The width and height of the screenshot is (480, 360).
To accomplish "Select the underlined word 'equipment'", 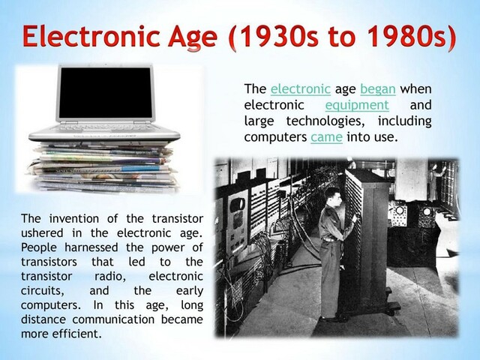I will pyautogui.click(x=356, y=106).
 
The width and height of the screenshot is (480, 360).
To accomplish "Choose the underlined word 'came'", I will pyautogui.click(x=326, y=138).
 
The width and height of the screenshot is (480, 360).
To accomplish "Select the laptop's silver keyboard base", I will pyautogui.click(x=105, y=135).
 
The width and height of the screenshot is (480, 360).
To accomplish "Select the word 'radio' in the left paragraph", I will pyautogui.click(x=109, y=276).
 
